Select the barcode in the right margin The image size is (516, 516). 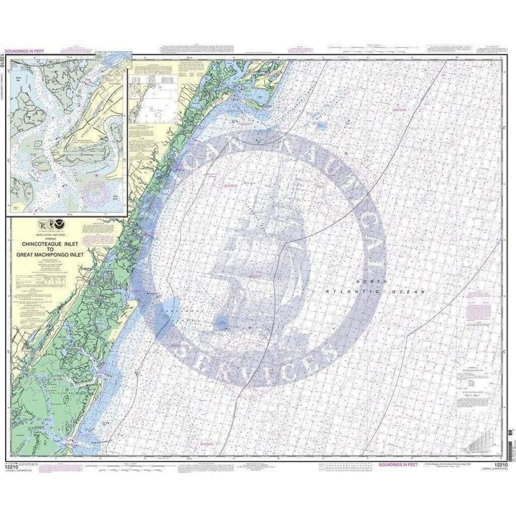coord(510,430)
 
